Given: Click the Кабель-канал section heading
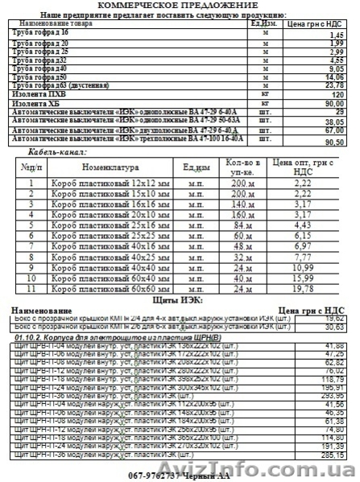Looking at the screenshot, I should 57,151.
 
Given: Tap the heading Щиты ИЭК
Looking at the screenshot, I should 182,299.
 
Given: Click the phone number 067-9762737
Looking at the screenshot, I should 152,475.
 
